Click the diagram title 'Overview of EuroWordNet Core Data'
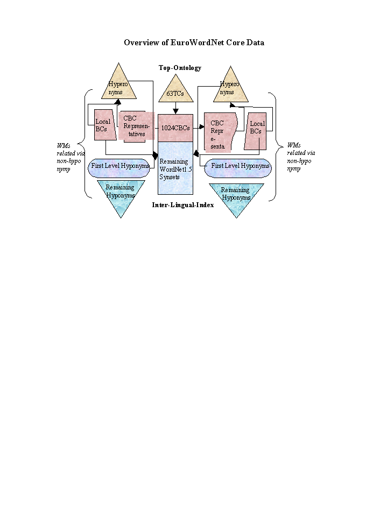194,43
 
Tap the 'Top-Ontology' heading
180,68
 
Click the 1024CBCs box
175,128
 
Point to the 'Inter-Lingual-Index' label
182,205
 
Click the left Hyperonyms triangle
118,86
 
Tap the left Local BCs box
103,125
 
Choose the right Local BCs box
256,131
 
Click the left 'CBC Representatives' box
135,126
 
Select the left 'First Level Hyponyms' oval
120,166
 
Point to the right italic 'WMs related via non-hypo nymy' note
301,157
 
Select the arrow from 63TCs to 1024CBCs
175,108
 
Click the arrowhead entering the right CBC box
201,128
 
